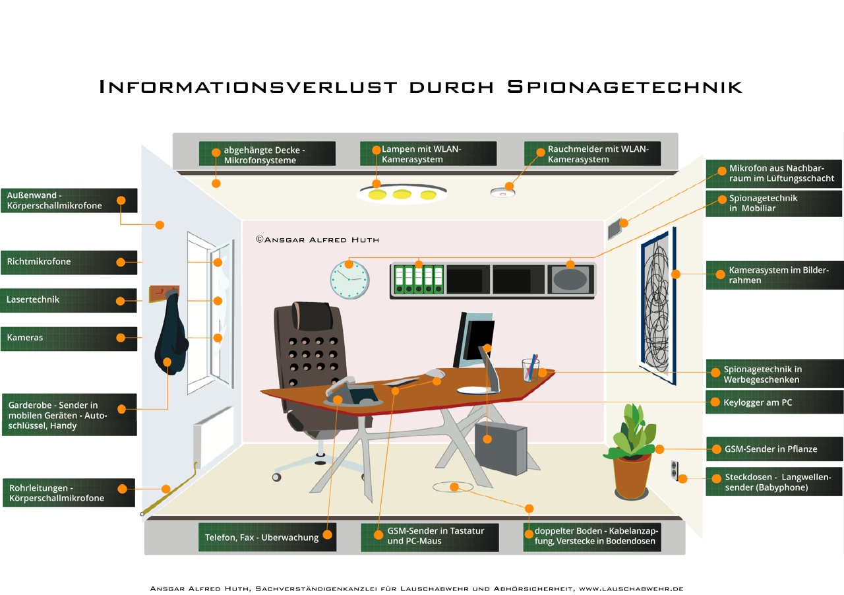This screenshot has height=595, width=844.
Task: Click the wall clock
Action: click(349, 279)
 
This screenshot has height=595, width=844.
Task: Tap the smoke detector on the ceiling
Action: click(502, 192)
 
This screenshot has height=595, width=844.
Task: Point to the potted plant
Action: click(632, 455)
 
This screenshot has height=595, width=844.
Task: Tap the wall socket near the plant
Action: click(674, 470)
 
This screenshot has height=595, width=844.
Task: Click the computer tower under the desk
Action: click(501, 449)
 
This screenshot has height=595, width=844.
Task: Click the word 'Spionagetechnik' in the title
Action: click(624, 86)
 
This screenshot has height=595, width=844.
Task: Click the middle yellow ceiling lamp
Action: click(402, 195)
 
